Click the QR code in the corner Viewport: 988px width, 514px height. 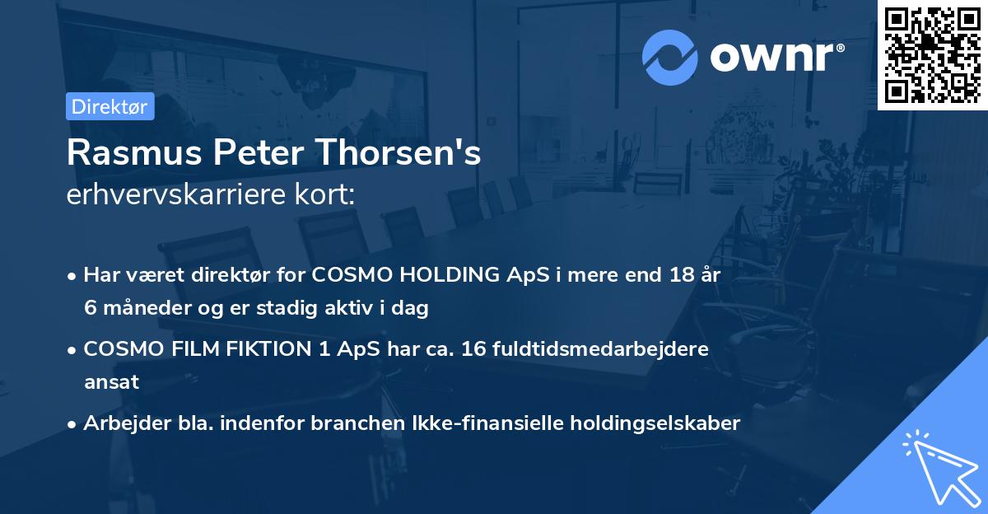click(x=932, y=54)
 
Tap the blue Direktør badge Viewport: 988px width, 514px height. click(x=110, y=106)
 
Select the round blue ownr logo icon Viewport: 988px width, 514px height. click(x=670, y=57)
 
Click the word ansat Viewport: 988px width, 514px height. click(x=111, y=382)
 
